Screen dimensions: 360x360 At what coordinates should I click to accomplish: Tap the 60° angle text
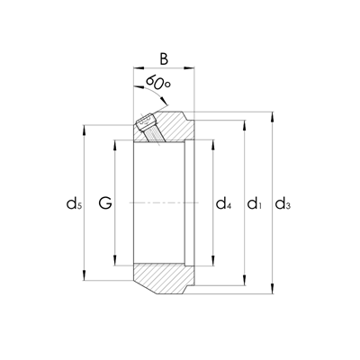point(158,85)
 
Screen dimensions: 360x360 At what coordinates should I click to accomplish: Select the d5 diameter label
point(75,205)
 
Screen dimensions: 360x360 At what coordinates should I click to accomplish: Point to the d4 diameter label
point(223,205)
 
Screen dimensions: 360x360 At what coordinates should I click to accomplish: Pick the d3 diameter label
point(282,205)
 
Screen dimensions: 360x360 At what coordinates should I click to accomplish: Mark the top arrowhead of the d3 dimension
point(271,117)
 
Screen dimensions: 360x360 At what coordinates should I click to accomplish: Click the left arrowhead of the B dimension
point(137,68)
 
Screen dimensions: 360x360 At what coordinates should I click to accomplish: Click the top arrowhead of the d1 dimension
point(245,122)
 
